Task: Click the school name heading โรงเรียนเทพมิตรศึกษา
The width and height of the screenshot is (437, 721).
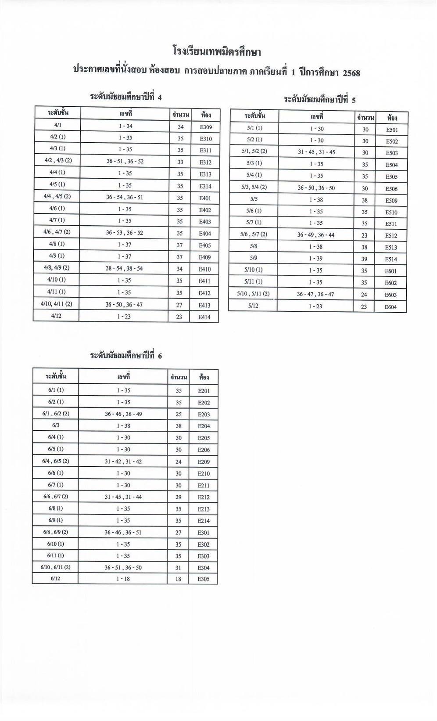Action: (217, 52)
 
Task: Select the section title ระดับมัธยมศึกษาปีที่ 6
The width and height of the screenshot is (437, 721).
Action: (126, 355)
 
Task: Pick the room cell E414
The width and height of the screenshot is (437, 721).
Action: (204, 317)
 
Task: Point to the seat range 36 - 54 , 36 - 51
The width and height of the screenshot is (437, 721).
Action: (125, 197)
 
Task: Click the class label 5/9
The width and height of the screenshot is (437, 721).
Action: (253, 258)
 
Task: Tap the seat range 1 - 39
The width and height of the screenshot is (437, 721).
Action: (315, 259)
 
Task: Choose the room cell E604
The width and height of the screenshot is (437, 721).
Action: (390, 307)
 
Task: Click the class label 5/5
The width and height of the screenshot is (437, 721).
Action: (253, 199)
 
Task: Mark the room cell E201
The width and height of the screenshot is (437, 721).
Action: (204, 391)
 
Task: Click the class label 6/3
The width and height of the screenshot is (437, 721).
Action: (55, 425)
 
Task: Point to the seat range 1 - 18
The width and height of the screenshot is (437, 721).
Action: (123, 579)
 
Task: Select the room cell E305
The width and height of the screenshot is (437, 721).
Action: (204, 579)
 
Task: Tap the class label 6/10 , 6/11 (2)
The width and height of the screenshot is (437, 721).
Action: (55, 567)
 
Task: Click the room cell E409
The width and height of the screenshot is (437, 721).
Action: (205, 257)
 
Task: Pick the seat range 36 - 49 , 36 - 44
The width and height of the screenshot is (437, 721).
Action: (315, 235)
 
